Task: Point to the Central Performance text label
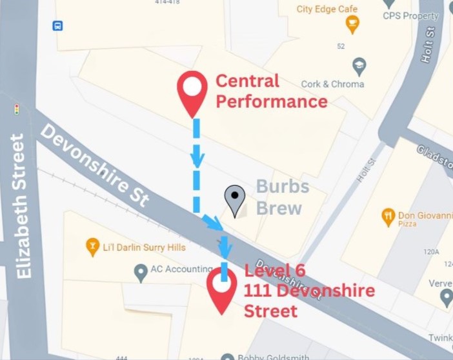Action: pos(271,91)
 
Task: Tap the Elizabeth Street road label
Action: pos(21,206)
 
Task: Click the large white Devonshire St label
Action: pos(95,165)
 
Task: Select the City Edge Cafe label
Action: pos(327,9)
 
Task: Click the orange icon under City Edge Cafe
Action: pos(352,25)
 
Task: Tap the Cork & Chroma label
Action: pos(332,84)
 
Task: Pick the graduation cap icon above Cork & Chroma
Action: pos(359,66)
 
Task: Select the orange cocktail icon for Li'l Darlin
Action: pos(92,246)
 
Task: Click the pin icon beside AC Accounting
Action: pos(141,272)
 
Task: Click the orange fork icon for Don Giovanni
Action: pos(388,216)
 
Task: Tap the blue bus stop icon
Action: pos(58,26)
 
